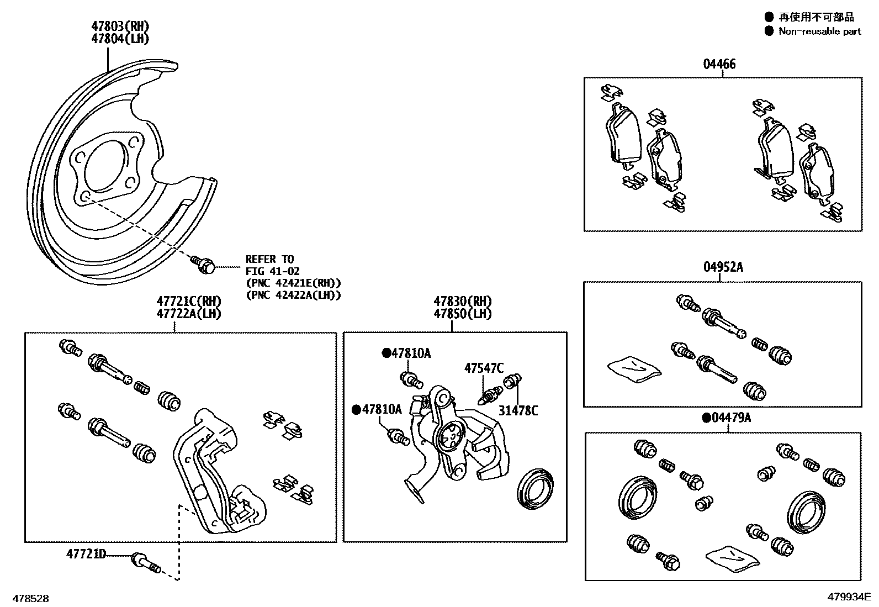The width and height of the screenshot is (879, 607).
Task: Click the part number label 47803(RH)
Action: [120, 26]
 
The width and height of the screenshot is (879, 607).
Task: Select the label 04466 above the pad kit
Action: [719, 64]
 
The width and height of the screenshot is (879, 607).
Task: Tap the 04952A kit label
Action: [723, 267]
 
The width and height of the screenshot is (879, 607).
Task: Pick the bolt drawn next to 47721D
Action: [145, 563]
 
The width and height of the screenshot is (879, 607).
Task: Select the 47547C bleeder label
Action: [484, 368]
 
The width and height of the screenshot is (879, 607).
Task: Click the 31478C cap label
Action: [518, 410]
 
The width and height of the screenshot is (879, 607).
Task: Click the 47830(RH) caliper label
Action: [462, 302]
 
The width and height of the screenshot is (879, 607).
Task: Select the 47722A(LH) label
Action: [188, 314]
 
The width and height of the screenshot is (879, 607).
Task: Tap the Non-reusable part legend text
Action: [819, 31]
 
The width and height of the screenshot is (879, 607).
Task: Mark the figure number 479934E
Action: [848, 597]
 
